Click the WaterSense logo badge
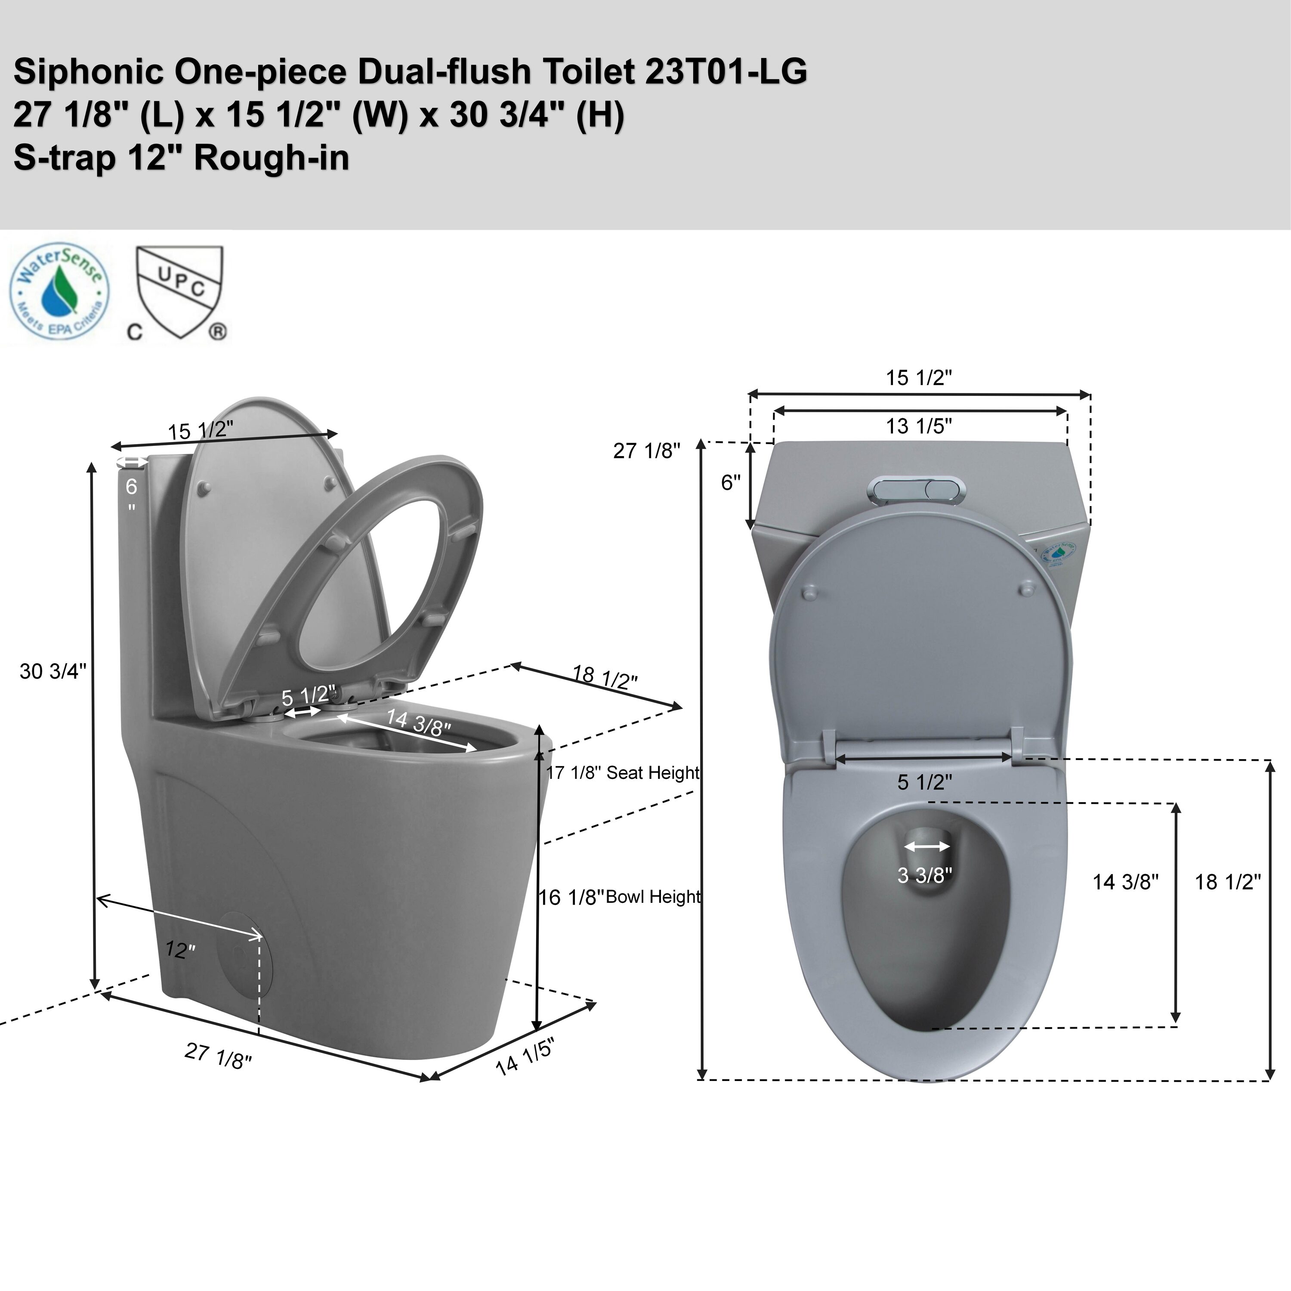[59, 291]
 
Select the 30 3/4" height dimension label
[53, 671]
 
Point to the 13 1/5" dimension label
[919, 426]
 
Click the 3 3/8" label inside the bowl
[924, 875]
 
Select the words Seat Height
[653, 773]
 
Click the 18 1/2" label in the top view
[1227, 882]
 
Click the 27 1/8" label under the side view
[219, 1055]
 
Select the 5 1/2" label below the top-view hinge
[924, 782]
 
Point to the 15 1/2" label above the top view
[919, 377]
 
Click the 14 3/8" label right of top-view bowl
[1125, 882]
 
